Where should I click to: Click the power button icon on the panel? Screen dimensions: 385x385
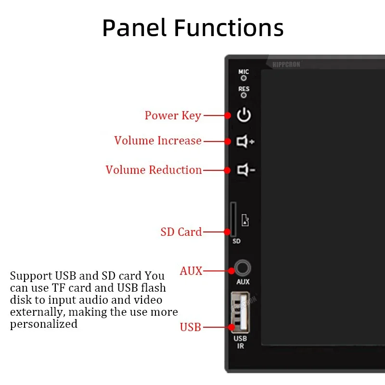coord(244,115)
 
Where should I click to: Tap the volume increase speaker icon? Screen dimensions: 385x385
coord(245,141)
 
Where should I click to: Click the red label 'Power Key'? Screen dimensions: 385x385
coord(173,116)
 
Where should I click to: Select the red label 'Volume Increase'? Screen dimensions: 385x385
coord(158,141)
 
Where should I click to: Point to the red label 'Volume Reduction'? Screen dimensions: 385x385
coord(154,170)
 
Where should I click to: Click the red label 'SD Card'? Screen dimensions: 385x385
coord(181,232)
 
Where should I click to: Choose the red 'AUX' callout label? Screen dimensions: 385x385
coord(191,271)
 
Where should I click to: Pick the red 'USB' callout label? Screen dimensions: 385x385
coord(190,328)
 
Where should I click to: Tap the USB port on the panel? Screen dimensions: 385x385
coord(239,312)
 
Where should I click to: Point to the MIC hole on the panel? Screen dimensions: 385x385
coord(244,77)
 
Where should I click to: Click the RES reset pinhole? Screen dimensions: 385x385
coord(244,95)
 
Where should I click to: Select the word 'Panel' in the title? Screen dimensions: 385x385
coord(134,28)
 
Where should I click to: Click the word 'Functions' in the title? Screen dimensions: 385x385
coord(229,28)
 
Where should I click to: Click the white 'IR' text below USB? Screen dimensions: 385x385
coord(240,346)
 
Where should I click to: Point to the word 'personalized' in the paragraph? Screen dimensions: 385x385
coord(44,324)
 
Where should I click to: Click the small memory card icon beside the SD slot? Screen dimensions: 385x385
coord(245,221)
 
